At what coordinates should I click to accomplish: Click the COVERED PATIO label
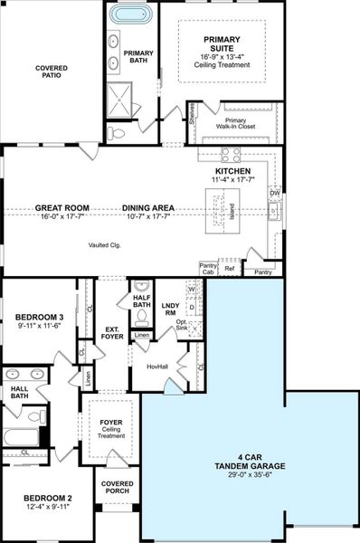click(x=52, y=72)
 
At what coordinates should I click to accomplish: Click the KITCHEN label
click(x=233, y=170)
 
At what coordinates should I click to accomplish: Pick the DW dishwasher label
click(x=275, y=193)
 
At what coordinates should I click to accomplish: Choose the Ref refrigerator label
click(x=229, y=270)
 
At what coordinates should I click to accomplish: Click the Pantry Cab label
click(x=207, y=269)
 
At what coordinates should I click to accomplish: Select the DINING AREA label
click(x=148, y=208)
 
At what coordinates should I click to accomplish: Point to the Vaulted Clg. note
click(x=105, y=245)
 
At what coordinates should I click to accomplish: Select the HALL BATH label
click(x=18, y=392)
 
